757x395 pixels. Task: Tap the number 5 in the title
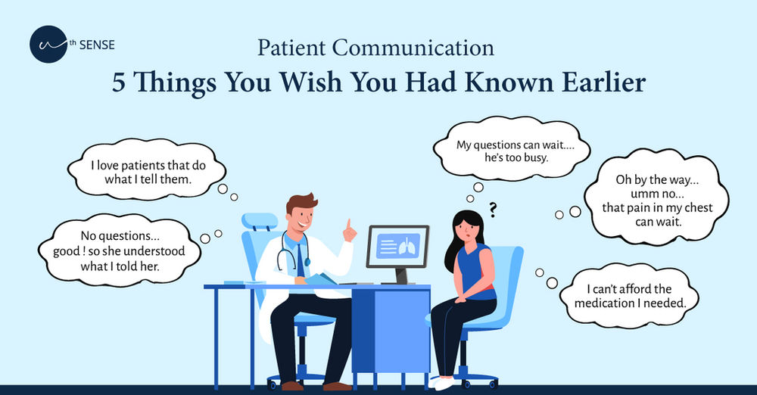tap(120, 81)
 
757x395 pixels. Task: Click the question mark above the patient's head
tap(492, 209)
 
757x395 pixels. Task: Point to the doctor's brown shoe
tap(291, 386)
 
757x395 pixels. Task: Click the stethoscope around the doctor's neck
tap(287, 253)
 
